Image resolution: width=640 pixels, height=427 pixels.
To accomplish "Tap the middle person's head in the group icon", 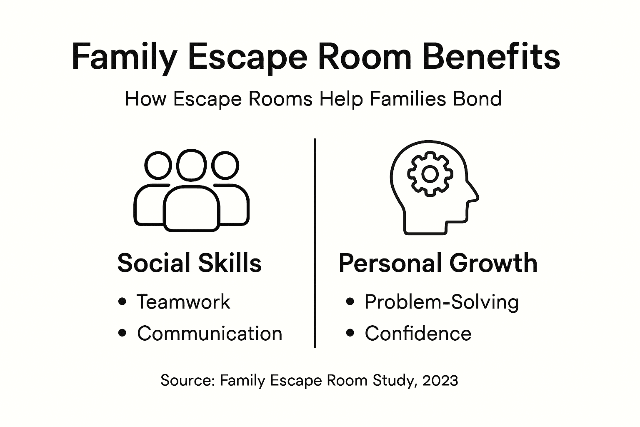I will tap(191, 165).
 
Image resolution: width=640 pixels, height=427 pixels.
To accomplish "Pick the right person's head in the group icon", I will tap(225, 166).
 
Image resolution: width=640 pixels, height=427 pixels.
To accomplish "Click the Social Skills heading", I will tap(190, 263).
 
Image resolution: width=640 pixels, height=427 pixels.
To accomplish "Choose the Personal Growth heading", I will tap(438, 263).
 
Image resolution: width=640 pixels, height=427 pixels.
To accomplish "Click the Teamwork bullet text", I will tap(183, 302).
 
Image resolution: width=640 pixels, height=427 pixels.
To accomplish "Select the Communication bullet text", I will tap(210, 334).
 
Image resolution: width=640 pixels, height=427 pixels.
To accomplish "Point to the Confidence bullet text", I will tap(418, 334).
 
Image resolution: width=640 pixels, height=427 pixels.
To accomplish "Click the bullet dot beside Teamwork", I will tap(122, 301).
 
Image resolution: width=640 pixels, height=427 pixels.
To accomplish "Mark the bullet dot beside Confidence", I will tap(350, 333).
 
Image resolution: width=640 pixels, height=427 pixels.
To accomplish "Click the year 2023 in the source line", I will tap(440, 380).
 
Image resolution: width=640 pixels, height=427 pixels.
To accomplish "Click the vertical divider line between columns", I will tap(315, 242).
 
